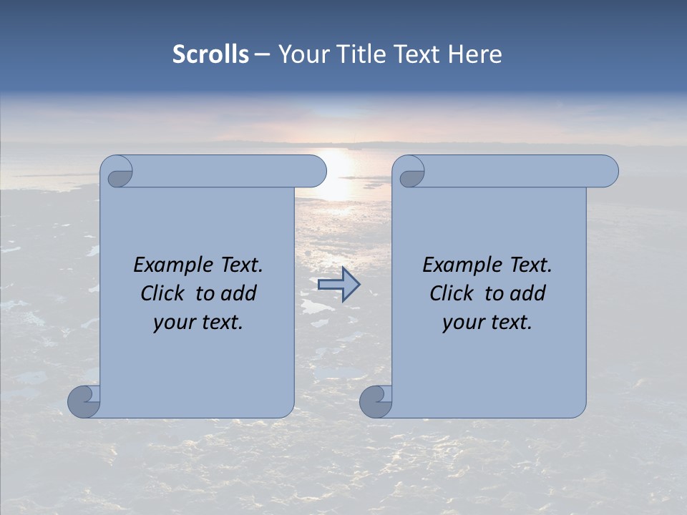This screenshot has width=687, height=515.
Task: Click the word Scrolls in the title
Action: (211, 54)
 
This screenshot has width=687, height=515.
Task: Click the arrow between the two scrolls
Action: (338, 285)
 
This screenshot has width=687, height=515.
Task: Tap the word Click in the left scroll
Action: (162, 293)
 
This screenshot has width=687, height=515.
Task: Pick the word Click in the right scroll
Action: (451, 293)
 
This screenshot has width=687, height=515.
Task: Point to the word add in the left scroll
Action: (238, 293)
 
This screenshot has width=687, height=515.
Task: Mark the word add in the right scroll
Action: (527, 293)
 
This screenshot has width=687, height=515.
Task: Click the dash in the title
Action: (262, 55)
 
